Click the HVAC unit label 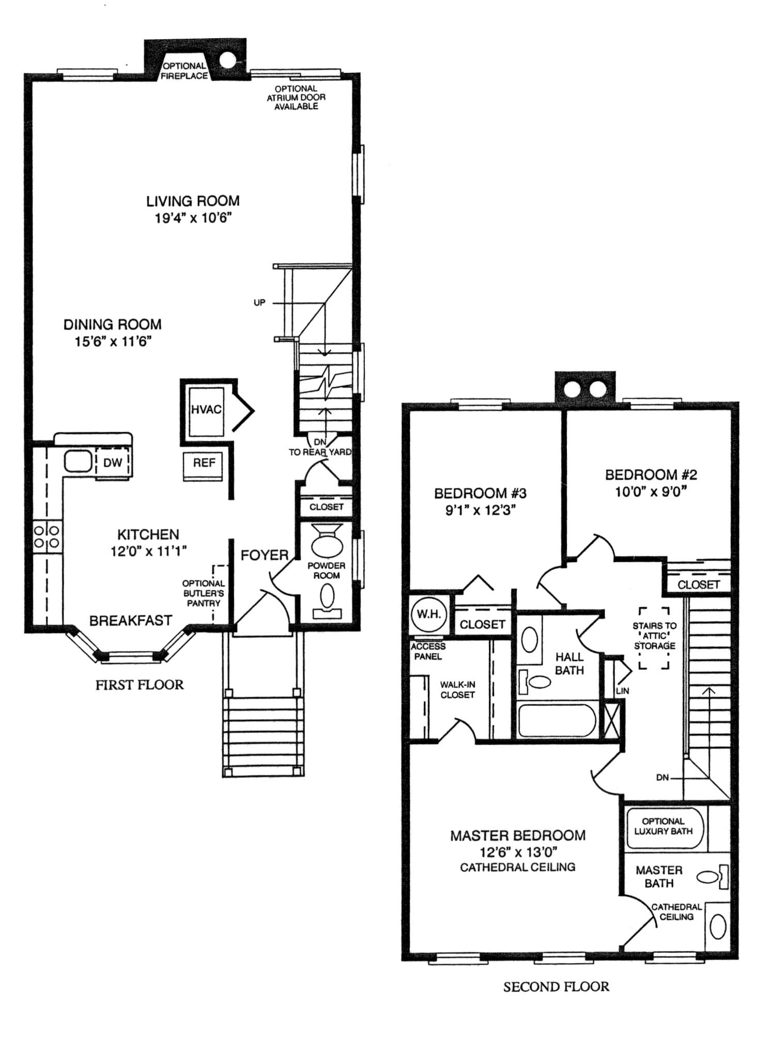pos(206,409)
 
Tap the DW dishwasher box pos(113,462)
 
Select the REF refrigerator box pos(204,467)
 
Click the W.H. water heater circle pos(429,615)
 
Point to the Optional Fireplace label pos(184,71)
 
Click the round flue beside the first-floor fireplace pos(227,60)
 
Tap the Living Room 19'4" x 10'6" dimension pos(193,218)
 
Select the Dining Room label pos(113,324)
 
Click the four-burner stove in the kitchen pos(47,536)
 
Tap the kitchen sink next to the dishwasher pos(78,461)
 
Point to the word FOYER pos(265,555)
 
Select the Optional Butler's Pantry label pos(204,593)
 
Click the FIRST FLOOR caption pos(140,685)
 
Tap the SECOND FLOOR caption pos(557,987)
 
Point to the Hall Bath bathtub pos(557,720)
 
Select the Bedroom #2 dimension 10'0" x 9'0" pos(651,491)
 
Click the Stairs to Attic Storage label pos(655,636)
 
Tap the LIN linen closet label pos(623,690)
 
